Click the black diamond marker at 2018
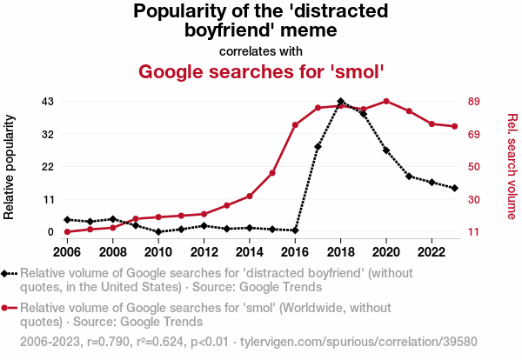coord(341,102)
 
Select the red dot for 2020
coord(386,102)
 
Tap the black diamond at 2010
coord(158,232)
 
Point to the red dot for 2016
coord(295,125)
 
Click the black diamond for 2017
coord(318,147)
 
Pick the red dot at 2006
coord(67,232)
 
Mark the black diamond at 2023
coord(454,188)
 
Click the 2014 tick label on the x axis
coord(250,252)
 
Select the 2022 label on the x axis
coord(432,252)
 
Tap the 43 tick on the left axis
coord(49,102)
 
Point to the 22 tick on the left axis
coord(49,167)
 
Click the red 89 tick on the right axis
coord(475,102)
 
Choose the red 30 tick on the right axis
coord(475,200)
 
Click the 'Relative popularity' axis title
coord(11,167)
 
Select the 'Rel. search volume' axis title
coord(512,167)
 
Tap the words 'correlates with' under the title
coord(261,50)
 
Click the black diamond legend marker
coord(10,273)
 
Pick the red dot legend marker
coord(10,307)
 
